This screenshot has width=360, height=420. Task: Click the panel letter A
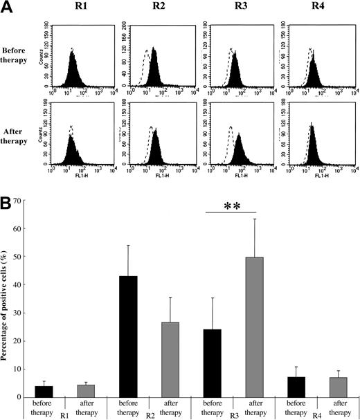click(x=9, y=8)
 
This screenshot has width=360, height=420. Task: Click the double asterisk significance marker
click(x=231, y=206)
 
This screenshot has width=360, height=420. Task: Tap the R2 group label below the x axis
click(x=150, y=413)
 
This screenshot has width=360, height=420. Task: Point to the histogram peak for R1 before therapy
click(x=71, y=51)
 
